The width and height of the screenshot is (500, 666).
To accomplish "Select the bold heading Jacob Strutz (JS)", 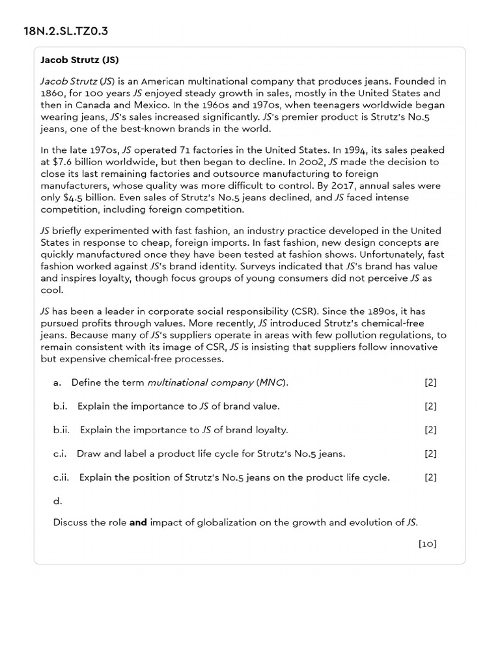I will [79, 60].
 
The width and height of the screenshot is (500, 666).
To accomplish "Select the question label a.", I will [57, 382].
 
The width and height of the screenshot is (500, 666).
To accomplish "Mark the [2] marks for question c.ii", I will [430, 477].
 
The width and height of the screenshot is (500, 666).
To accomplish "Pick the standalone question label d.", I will [57, 501].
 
